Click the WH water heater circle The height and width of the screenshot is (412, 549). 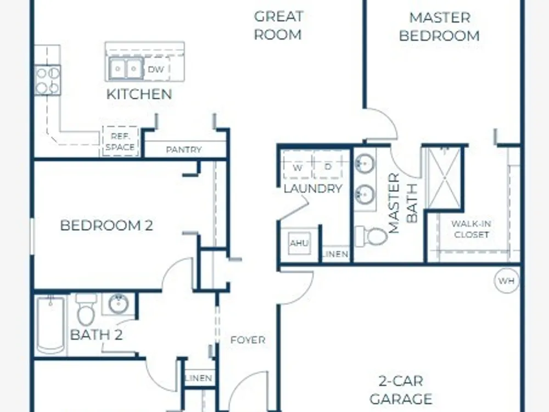(507, 281)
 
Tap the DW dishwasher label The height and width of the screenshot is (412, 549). (156, 69)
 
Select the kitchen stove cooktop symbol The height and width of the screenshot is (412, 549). (48, 81)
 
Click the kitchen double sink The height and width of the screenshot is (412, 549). (126, 69)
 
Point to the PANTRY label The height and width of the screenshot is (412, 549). (184, 149)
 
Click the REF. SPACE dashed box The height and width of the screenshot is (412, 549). (120, 141)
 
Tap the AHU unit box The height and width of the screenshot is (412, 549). (299, 243)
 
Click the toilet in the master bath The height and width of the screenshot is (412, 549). (371, 236)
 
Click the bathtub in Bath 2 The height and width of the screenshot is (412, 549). (51, 325)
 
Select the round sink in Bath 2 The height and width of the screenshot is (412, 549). (118, 304)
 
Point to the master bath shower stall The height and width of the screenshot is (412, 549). (444, 178)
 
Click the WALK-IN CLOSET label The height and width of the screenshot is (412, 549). (471, 229)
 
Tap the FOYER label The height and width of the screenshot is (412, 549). (248, 340)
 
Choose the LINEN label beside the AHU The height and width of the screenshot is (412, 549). (336, 254)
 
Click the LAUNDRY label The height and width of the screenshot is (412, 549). (313, 189)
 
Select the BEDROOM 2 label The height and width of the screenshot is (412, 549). (107, 225)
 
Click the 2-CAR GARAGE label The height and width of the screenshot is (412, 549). (401, 390)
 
